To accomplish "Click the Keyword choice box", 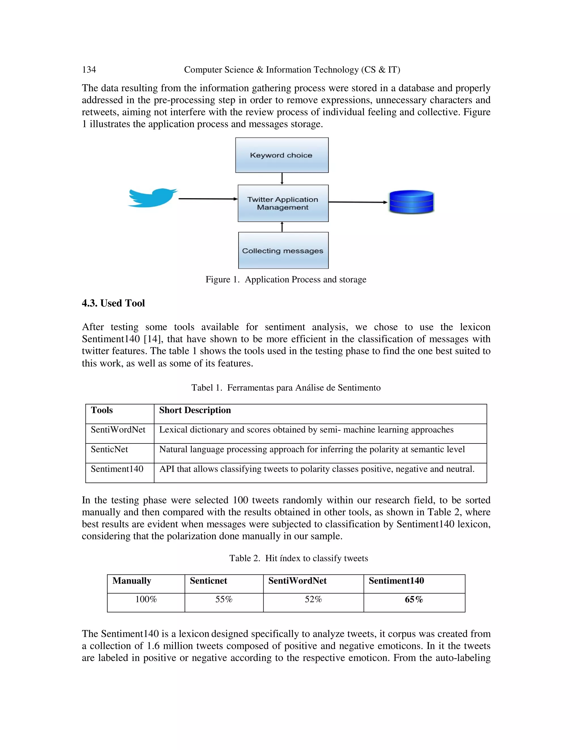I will (x=282, y=155).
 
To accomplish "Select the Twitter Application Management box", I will (x=283, y=203).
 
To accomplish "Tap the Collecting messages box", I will (x=283, y=251).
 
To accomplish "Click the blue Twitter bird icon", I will (x=152, y=198).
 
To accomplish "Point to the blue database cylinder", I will (x=411, y=202).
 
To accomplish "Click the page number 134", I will (x=89, y=70).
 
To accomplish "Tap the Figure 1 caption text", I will (x=286, y=280).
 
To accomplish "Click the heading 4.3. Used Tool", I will (x=113, y=303).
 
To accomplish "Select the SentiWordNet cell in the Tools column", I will (x=118, y=430).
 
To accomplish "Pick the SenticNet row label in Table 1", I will (x=109, y=449).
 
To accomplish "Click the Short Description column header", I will (x=195, y=410).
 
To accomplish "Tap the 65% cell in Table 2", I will (x=414, y=600).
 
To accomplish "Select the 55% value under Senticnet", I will (x=224, y=600).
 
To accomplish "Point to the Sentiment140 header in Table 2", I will (x=396, y=581).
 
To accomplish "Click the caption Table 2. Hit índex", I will (x=298, y=558).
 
